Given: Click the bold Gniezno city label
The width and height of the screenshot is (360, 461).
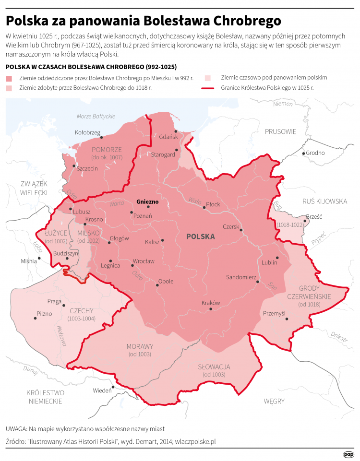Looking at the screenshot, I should coord(147,201).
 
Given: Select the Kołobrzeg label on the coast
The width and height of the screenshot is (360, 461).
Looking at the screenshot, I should coord(87,132).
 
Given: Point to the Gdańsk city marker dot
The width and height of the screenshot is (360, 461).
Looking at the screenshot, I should coord(176,131).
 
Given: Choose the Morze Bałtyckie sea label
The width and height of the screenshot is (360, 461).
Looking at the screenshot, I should coord(96,117).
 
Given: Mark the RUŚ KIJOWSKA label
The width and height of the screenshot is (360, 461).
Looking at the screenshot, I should coord(324,201).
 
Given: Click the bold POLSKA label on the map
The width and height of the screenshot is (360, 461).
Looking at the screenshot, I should coord(200,237).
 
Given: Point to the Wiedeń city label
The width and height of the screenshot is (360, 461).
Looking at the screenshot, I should coord(102,390).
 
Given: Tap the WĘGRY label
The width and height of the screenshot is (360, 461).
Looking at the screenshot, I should coord(274,401).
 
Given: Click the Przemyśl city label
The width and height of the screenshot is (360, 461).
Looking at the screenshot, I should coord(274,313).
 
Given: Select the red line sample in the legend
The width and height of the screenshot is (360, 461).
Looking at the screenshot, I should coord(209,88).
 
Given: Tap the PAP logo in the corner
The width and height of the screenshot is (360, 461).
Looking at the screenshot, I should coord(348,455).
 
